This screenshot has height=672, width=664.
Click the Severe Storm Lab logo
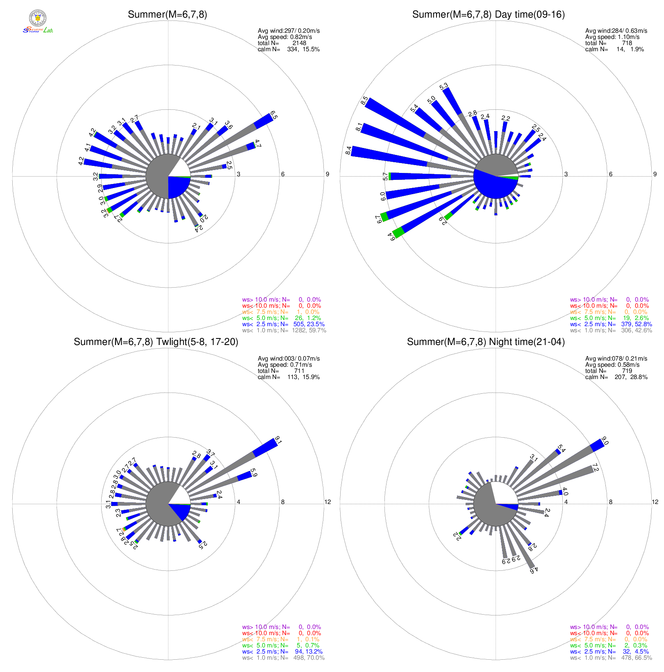(38, 22)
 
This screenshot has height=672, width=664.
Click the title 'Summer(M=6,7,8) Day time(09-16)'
(488, 15)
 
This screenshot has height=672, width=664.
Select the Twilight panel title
(156, 342)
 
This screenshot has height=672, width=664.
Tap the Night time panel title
(486, 342)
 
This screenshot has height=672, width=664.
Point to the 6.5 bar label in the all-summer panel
(274, 115)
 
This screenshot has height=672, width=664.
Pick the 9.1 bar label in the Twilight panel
(278, 441)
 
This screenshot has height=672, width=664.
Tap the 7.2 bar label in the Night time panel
(596, 468)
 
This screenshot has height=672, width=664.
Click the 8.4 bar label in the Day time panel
(348, 151)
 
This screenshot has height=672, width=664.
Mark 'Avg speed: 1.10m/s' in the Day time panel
(612, 37)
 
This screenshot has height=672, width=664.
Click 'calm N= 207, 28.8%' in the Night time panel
(616, 377)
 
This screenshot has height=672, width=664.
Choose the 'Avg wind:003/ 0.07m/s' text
(289, 359)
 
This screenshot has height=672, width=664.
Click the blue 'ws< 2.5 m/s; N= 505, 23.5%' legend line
(283, 324)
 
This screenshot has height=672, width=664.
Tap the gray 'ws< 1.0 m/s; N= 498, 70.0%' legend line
(283, 658)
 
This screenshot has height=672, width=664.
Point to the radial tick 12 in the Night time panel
(655, 502)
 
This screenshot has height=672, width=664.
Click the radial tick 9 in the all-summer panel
(327, 174)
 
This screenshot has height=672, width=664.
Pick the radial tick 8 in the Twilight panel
(283, 502)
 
